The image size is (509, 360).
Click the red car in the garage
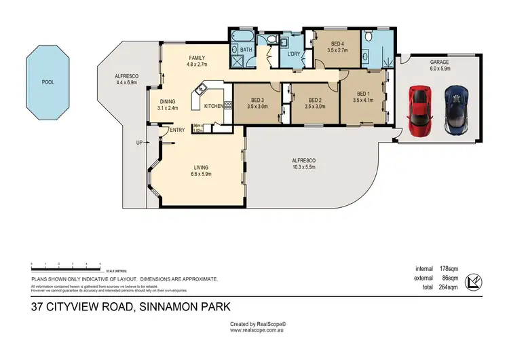click(x=420, y=111)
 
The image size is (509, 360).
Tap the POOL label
click(x=48, y=82)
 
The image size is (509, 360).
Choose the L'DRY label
click(x=294, y=54)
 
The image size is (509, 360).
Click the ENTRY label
click(x=177, y=130)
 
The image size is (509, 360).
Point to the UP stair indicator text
click(x=139, y=143)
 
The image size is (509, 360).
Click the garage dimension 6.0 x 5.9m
click(x=439, y=68)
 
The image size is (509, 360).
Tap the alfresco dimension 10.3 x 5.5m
click(x=305, y=167)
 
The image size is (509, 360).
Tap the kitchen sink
click(x=202, y=89)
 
